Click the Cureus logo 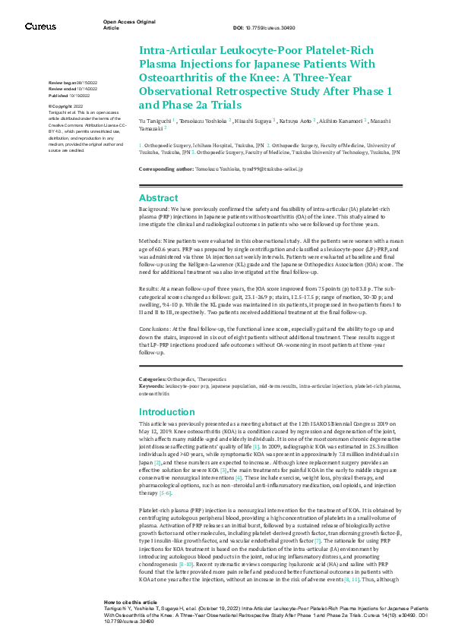(x=40, y=27)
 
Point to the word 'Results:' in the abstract (x=150, y=289)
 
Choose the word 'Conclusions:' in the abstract (x=156, y=327)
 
